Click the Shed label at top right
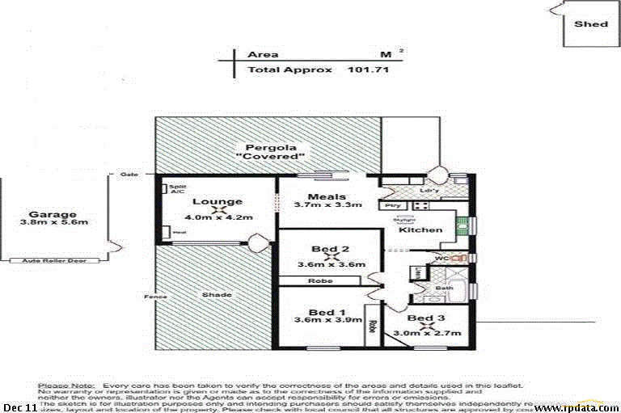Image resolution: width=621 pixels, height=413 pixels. pyautogui.click(x=590, y=24)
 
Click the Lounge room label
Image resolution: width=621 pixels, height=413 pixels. pyautogui.click(x=218, y=201)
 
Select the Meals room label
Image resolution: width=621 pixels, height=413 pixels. pyautogui.click(x=327, y=196)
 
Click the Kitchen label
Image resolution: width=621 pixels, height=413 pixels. pyautogui.click(x=420, y=230)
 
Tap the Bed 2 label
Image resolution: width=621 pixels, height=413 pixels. pyautogui.click(x=330, y=249)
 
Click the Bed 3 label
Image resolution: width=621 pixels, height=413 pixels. pyautogui.click(x=425, y=319)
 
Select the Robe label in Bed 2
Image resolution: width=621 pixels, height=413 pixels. pyautogui.click(x=319, y=280)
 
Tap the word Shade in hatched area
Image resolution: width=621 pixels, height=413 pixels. pyautogui.click(x=213, y=296)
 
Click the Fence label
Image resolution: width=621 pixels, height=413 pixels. pyautogui.click(x=155, y=297)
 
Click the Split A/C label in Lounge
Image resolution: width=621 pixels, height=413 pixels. pyautogui.click(x=178, y=189)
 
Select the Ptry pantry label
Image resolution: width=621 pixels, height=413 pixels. pyautogui.click(x=394, y=206)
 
